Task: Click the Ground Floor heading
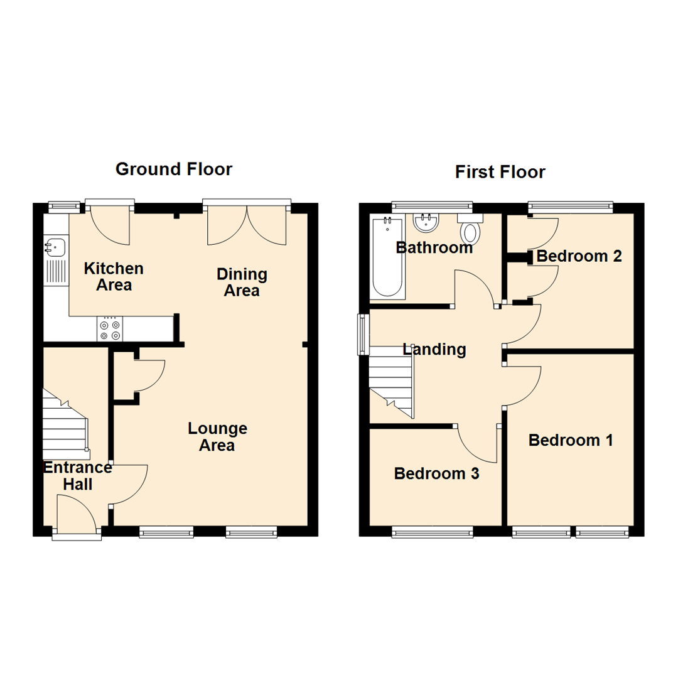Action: coord(174,169)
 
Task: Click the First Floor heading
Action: coord(500,171)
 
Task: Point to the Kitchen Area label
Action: coord(114,277)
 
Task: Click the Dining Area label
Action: coord(242,282)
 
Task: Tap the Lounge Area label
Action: coord(217,437)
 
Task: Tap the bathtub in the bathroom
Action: coord(387,257)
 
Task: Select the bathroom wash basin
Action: coord(426,222)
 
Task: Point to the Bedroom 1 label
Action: coord(571,440)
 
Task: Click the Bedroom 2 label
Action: coord(579,256)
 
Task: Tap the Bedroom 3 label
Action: coord(436,473)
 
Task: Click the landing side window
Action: coord(362,334)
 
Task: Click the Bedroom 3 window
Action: coord(433,533)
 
